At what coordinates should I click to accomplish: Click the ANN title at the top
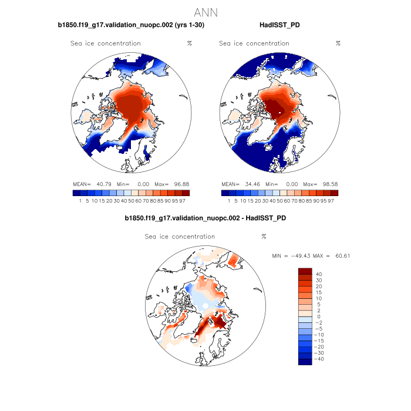[x=206, y=12]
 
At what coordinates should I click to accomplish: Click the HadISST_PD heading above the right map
[x=281, y=25]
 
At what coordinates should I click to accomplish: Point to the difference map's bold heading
[x=206, y=218]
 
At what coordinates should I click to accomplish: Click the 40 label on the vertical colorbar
[x=319, y=274]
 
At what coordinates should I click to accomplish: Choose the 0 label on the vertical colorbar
[x=319, y=316]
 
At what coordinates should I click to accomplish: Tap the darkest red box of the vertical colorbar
[x=305, y=271]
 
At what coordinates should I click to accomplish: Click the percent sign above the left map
[x=190, y=43]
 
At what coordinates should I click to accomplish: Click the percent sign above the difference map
[x=264, y=237]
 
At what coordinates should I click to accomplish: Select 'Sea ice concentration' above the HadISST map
[x=254, y=43]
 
